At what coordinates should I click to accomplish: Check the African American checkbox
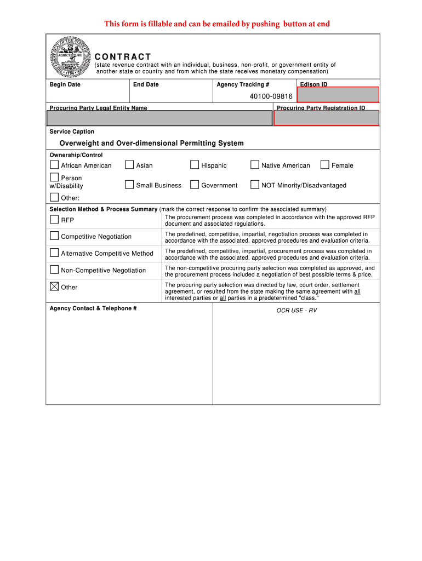(x=54, y=164)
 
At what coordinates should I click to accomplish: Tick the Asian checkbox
(x=129, y=164)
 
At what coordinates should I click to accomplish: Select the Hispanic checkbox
(x=195, y=164)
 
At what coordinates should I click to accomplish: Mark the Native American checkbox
(x=255, y=164)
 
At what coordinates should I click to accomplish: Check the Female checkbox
(x=324, y=164)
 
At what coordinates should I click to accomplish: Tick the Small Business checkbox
(x=129, y=185)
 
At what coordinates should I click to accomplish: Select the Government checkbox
(x=195, y=185)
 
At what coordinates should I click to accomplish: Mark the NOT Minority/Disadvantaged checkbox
(x=255, y=185)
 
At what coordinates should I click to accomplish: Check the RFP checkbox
(x=54, y=219)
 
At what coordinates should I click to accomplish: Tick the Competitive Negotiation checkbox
(x=54, y=236)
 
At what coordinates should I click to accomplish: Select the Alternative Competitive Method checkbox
(x=54, y=253)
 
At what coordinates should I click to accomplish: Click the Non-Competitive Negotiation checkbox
(x=54, y=270)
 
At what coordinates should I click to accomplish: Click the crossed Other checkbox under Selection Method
(x=54, y=286)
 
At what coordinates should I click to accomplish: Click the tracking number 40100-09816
(x=271, y=96)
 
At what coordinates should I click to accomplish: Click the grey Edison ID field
(x=338, y=95)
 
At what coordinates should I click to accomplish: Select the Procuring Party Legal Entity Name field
(x=159, y=118)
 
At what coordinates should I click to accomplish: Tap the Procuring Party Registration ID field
(x=327, y=118)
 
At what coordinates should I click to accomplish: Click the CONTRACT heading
(x=123, y=57)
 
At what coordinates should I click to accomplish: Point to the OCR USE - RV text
(x=296, y=311)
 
